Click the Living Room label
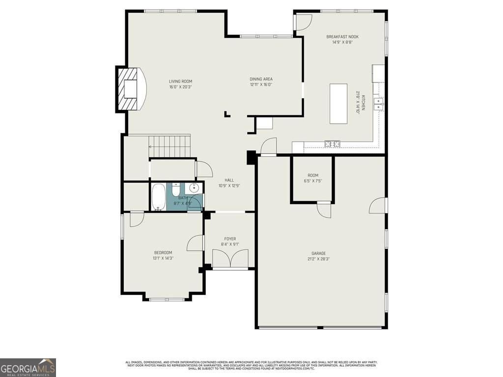tap(180, 81)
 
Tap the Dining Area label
tap(261, 79)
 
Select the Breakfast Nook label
tap(342, 37)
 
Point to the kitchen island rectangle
tap(338, 104)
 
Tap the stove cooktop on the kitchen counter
tap(333, 144)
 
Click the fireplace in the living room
tap(131, 89)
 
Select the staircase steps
tap(169, 146)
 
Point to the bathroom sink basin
tap(195, 188)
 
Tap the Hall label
tap(229, 180)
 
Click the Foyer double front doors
tap(230, 259)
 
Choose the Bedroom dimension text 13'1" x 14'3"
tap(163, 258)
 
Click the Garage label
tap(318, 253)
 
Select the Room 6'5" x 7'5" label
tap(313, 175)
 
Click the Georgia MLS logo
tap(28, 367)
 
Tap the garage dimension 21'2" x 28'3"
tap(318, 259)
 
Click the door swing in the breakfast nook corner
tap(304, 20)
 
